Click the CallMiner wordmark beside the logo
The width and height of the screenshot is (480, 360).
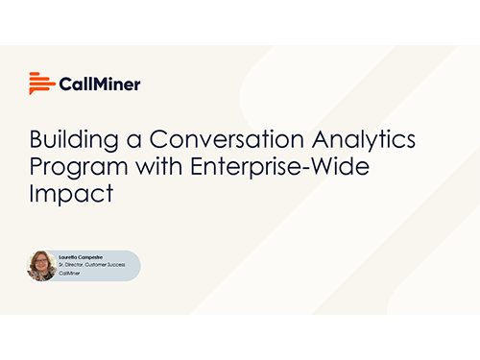pyautogui.click(x=100, y=84)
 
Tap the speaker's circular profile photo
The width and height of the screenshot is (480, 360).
pyautogui.click(x=43, y=266)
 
